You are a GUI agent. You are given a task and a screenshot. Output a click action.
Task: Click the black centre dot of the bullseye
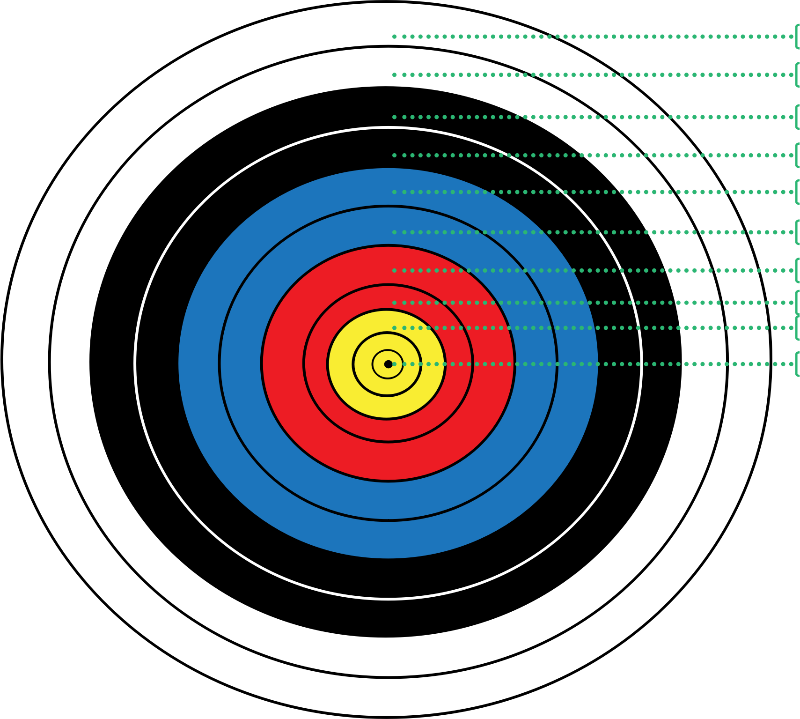(x=388, y=364)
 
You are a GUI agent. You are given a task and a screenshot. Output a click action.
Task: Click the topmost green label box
(x=798, y=37)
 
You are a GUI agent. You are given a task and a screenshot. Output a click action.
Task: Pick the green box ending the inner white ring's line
(x=798, y=75)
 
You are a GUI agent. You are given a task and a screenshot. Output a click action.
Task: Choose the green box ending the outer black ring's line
(x=798, y=117)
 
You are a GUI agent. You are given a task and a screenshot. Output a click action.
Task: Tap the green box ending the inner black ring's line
(x=798, y=155)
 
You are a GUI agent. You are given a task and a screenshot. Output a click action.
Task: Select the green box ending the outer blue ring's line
(x=798, y=192)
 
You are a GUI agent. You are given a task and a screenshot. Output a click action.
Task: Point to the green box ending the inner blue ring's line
(x=798, y=232)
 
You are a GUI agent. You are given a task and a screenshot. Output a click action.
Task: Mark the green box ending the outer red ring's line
(x=798, y=270)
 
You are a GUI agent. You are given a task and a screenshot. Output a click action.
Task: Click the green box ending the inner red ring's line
(x=798, y=303)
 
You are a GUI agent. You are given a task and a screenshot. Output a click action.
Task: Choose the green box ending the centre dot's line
(x=798, y=364)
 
